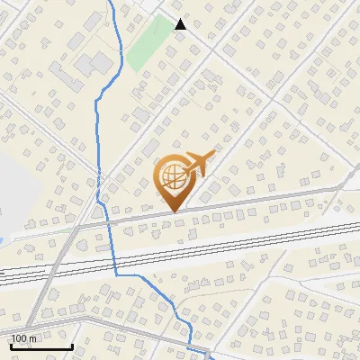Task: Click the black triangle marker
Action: coord(180,24)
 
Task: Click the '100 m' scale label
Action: coord(24,338)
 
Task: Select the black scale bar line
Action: coord(40,346)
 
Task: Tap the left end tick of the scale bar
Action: coord(10,345)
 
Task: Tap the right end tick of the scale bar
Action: coord(72,345)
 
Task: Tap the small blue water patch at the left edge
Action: coord(3,238)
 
